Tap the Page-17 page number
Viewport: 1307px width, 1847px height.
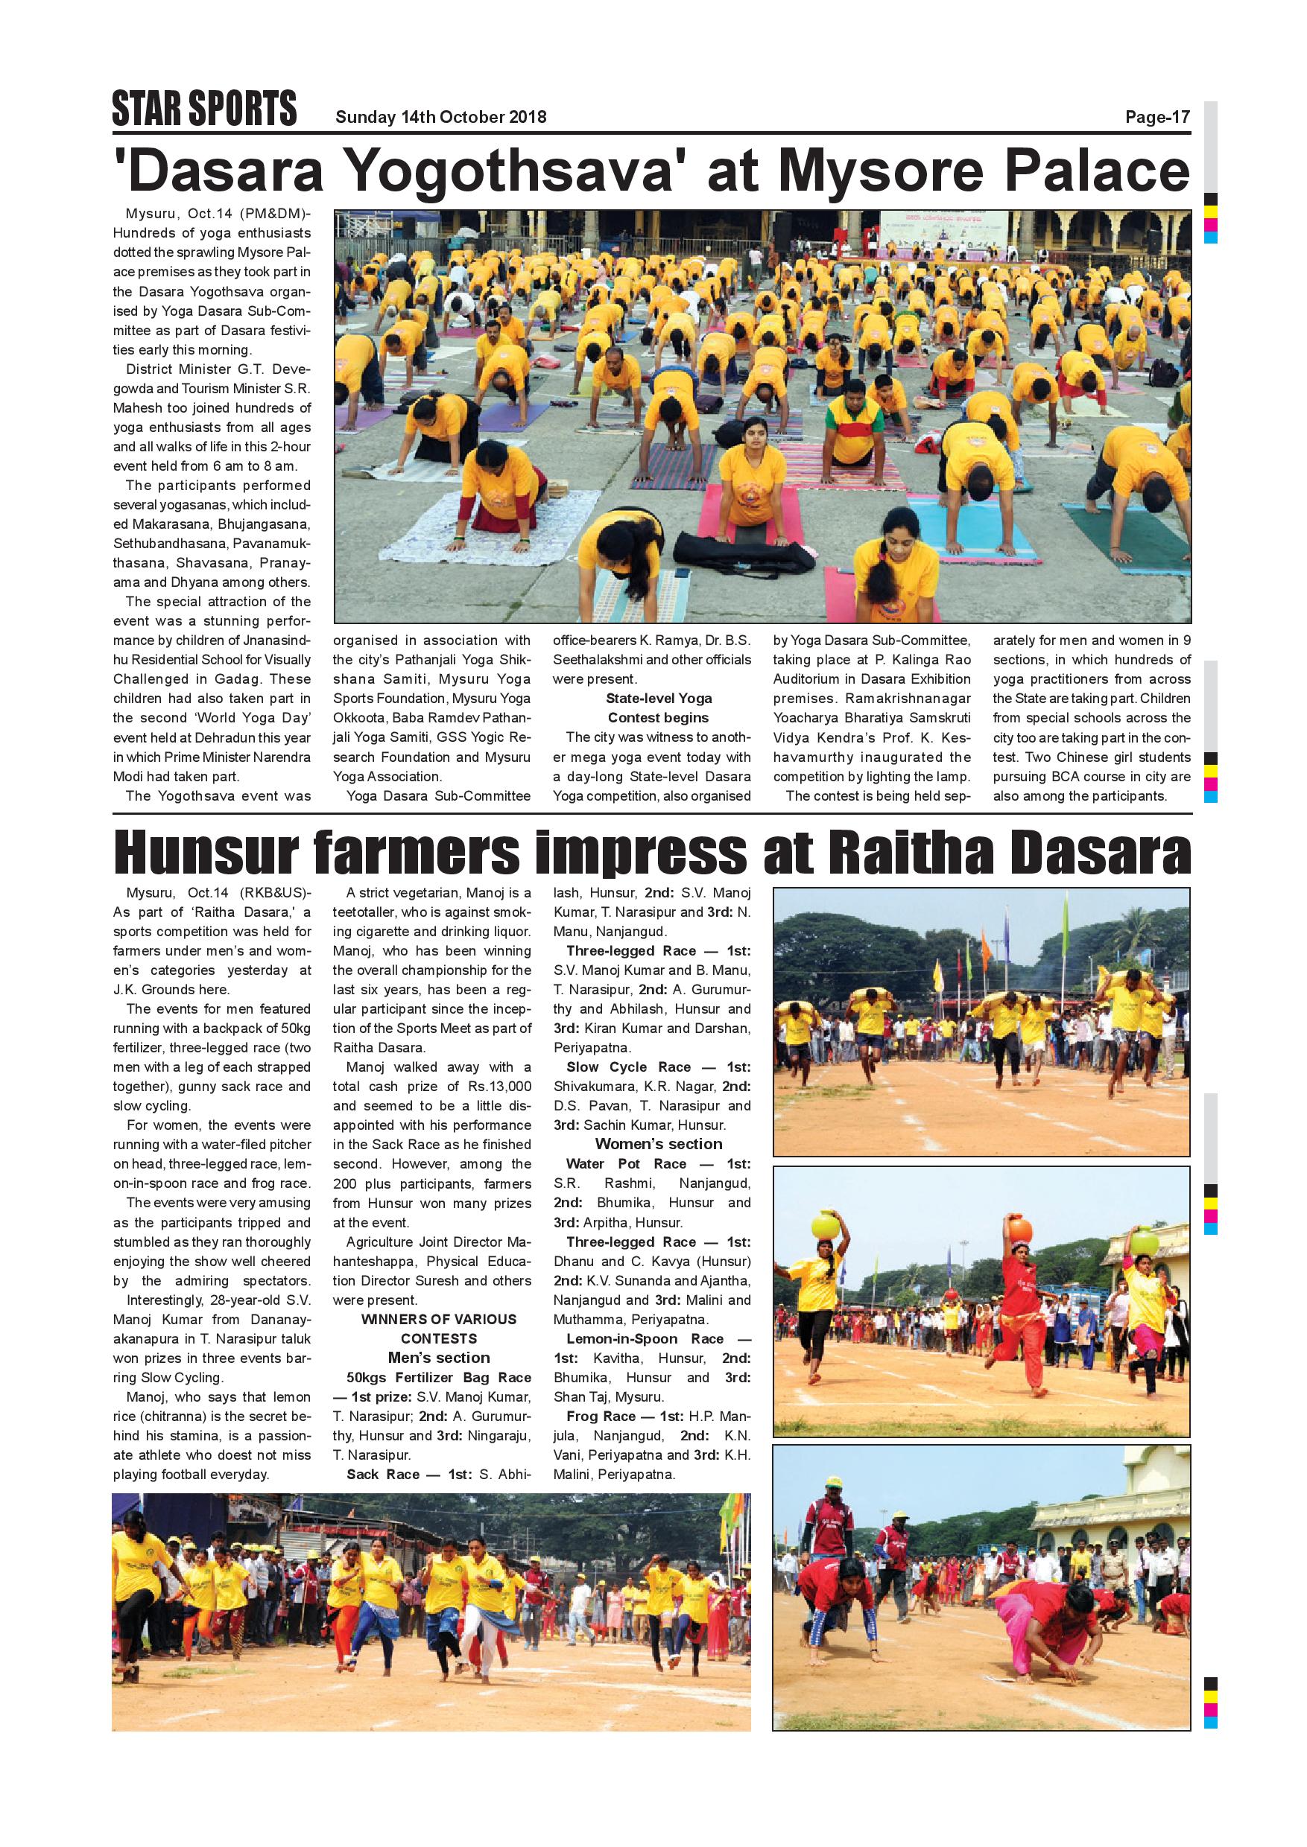point(1156,118)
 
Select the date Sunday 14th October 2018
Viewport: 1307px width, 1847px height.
point(440,118)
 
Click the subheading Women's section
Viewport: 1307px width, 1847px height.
point(658,1144)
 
